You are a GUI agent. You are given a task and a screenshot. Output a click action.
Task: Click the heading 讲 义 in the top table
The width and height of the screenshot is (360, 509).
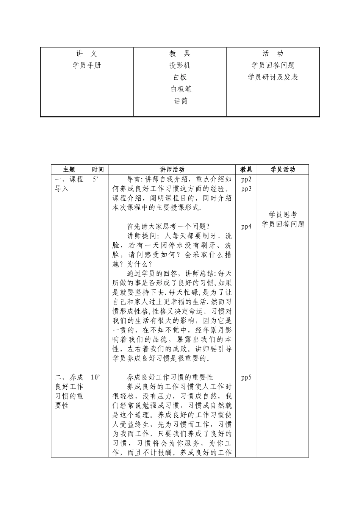pos(87,54)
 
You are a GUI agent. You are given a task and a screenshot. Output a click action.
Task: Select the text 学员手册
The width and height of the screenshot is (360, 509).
pos(87,66)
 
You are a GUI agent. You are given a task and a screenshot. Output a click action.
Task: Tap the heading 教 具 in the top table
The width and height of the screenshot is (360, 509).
pos(180,54)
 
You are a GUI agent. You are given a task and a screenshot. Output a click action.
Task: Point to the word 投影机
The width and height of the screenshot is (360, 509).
pos(180,66)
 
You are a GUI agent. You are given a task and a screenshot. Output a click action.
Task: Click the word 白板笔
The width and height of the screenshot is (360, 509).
pos(181,89)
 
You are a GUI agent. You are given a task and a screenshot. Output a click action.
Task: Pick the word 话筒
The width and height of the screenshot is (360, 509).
pos(181,101)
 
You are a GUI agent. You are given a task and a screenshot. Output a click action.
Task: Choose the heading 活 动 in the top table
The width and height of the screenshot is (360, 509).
pos(273,54)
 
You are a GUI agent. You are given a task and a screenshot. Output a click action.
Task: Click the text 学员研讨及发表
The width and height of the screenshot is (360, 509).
pos(273,77)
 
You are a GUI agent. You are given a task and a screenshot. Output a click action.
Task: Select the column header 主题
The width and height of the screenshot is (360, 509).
pos(69,170)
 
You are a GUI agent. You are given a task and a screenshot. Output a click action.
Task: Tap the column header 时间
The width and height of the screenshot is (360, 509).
pos(98,170)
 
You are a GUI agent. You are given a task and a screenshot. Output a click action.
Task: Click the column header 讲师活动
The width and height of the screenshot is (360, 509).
pos(172,170)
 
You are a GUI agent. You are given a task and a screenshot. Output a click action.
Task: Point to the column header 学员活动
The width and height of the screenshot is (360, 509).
pos(283,170)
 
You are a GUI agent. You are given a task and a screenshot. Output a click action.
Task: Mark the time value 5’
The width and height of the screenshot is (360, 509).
pos(95,180)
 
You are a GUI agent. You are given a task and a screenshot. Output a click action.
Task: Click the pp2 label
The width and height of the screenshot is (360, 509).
pos(246,180)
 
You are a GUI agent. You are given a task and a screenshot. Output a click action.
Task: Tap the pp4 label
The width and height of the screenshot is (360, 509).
pos(246,226)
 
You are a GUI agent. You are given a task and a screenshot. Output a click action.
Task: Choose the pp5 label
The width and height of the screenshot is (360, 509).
pos(246,378)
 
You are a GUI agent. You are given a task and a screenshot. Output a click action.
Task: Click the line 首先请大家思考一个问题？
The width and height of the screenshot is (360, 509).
pos(168,226)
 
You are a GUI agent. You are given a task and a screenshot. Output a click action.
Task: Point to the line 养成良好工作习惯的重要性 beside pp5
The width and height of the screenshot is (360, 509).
pos(170,378)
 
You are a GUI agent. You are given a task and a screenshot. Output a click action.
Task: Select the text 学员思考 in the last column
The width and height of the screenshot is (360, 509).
pos(283,215)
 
